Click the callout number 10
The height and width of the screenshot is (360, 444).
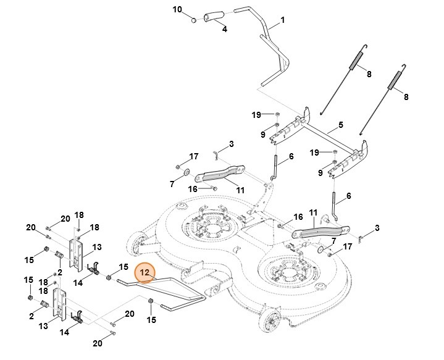(177, 9)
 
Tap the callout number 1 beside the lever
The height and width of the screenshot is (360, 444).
(282, 20)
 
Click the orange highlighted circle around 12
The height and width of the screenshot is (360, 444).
(146, 272)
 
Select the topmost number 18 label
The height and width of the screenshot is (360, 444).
(79, 214)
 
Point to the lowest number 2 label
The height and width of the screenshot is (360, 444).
(31, 316)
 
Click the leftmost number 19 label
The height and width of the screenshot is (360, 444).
(256, 114)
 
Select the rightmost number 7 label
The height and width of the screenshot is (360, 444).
(333, 240)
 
